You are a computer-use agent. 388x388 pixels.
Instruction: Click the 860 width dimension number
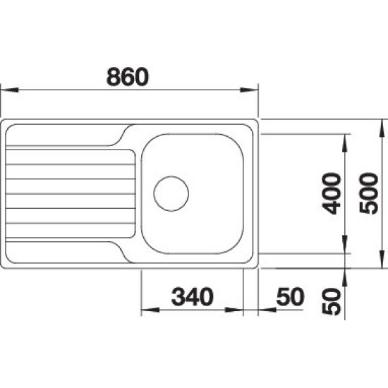tap(128, 77)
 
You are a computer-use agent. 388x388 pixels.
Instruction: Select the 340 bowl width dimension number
tap(193, 296)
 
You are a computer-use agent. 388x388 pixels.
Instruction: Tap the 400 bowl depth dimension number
tap(332, 193)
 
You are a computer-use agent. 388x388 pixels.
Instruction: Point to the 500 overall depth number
tap(369, 193)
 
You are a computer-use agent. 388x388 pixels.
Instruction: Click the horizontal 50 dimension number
tap(290, 296)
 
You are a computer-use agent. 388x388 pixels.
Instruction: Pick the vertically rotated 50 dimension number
tap(332, 301)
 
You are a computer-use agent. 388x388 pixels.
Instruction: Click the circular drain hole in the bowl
tap(171, 194)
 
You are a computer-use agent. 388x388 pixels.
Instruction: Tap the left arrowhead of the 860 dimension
tap(9, 90)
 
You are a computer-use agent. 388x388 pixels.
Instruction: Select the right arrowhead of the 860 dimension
tap(249, 90)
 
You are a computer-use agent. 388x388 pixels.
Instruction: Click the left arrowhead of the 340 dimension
tap(150, 310)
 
